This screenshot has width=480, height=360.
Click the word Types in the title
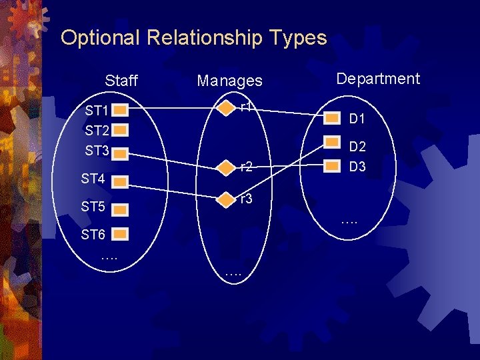tap(299, 38)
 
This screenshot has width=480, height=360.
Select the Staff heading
tap(121, 81)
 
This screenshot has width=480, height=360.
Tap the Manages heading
tap(230, 81)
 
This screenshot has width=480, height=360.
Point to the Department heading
tap(378, 79)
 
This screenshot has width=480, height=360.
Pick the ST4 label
tap(93, 179)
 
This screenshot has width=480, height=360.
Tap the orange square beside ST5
tap(120, 209)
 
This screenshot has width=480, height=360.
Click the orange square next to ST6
tap(120, 235)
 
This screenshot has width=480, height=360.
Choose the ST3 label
tap(97, 151)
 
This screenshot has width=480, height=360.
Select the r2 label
tap(247, 167)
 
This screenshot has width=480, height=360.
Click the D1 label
tap(357, 119)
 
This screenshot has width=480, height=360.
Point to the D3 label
tap(357, 167)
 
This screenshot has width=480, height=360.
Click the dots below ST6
tap(109, 256)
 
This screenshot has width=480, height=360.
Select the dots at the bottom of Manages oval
tap(233, 271)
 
